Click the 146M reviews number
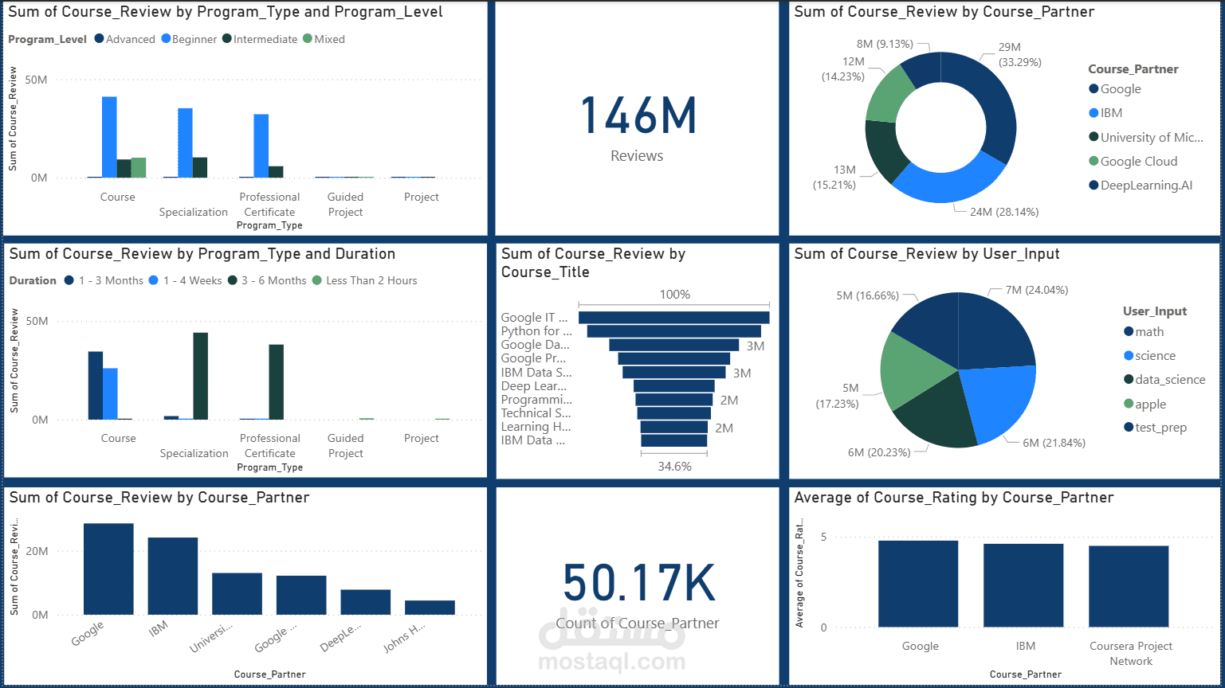[x=638, y=116]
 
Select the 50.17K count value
[x=638, y=583]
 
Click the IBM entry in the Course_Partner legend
[x=1111, y=113]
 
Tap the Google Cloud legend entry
[x=1138, y=161]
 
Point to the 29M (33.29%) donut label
[x=1019, y=55]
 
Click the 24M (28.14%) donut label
[x=1003, y=212]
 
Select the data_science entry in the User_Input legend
[x=1169, y=380]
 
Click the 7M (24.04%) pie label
[x=1036, y=290]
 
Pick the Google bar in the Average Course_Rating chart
[x=918, y=584]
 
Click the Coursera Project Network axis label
[x=1131, y=653]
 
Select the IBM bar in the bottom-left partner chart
[x=173, y=576]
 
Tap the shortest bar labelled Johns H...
[x=430, y=607]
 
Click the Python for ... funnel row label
[x=536, y=331]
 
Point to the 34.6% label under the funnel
[x=674, y=467]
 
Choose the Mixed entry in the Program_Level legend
[x=329, y=39]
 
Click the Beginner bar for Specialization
[x=185, y=143]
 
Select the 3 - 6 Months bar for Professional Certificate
[x=276, y=382]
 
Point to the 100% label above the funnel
[x=674, y=295]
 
